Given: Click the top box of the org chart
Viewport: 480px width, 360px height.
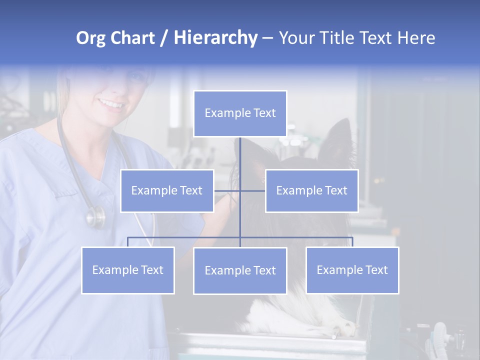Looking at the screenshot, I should (240, 113).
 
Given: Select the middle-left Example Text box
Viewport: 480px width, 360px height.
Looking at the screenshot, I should (167, 190).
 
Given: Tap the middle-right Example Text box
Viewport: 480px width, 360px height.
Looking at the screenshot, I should (311, 190).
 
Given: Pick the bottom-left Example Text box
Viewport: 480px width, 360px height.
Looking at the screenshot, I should (128, 270).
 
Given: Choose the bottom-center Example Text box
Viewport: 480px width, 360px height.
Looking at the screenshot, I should (240, 270).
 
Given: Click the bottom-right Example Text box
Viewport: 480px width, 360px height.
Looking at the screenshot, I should (352, 270).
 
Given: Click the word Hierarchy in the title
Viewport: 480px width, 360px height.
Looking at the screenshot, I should (215, 38).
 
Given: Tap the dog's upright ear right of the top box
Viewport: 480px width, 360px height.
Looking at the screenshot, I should (339, 137).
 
